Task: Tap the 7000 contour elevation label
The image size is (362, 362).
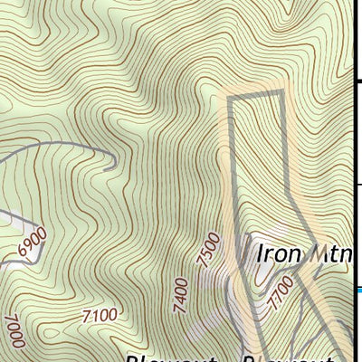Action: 13,329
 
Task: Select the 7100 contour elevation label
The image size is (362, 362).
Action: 99,315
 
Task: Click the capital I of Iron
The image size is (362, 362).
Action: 260,252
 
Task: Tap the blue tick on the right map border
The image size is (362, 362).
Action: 357,291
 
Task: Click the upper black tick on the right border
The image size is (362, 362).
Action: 357,81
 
